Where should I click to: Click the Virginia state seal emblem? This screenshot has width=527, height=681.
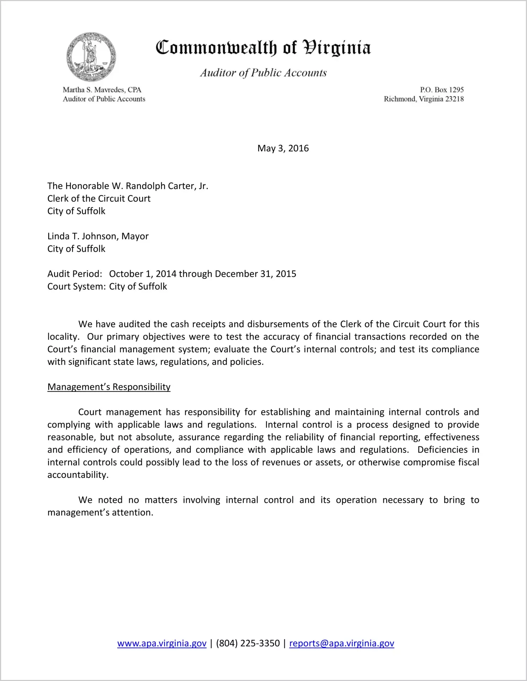pyautogui.click(x=91, y=57)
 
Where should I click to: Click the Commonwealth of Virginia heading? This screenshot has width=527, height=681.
pyautogui.click(x=263, y=48)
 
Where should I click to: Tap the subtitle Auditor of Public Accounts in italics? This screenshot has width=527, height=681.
pyautogui.click(x=263, y=73)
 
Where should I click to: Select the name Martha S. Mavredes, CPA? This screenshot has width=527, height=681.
pyautogui.click(x=102, y=90)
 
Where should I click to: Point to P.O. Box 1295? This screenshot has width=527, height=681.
pyautogui.click(x=442, y=90)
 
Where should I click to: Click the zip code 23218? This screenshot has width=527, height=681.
pyautogui.click(x=454, y=99)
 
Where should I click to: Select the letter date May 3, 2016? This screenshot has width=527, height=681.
pyautogui.click(x=283, y=148)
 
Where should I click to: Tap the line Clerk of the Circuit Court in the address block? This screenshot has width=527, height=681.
pyautogui.click(x=99, y=199)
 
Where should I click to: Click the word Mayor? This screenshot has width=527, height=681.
pyautogui.click(x=135, y=236)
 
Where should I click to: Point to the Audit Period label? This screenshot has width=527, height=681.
pyautogui.click(x=75, y=274)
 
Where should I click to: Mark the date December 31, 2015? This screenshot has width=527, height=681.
pyautogui.click(x=255, y=274)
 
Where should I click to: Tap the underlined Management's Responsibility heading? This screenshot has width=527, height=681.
pyautogui.click(x=109, y=387)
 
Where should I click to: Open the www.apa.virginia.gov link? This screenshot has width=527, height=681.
pyautogui.click(x=162, y=643)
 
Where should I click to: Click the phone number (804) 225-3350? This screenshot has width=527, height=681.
pyautogui.click(x=248, y=643)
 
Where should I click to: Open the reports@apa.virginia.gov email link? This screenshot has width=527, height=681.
pyautogui.click(x=341, y=643)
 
